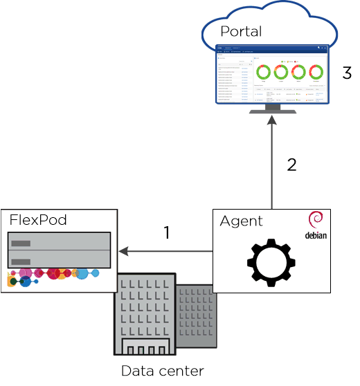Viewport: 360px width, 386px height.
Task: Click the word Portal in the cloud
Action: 241,32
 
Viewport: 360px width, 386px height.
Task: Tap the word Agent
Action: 241,221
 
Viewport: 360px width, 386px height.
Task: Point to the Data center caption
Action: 162,370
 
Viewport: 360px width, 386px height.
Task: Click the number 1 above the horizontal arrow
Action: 166,233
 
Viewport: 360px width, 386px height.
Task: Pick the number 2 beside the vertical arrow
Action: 291,165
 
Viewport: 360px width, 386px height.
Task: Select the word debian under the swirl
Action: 315,235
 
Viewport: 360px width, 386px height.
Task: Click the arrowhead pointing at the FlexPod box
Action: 124,251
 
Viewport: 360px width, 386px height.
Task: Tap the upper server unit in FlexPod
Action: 58,241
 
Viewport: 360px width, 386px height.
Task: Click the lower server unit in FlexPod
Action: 58,259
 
